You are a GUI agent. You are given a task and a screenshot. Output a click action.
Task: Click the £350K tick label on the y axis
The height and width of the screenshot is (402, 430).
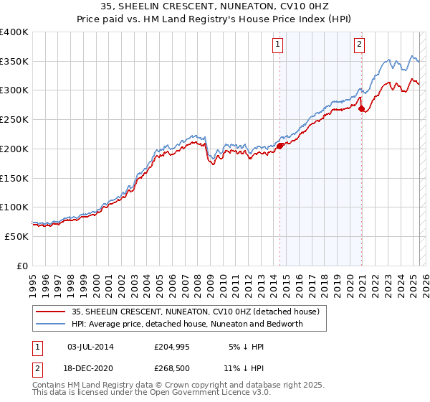(14, 61)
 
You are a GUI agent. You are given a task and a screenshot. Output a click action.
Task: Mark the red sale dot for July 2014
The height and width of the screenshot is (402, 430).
(279, 145)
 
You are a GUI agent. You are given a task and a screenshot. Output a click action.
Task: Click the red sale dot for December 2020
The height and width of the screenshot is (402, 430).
(362, 108)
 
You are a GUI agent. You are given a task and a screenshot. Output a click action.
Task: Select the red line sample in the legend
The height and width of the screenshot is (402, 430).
(50, 312)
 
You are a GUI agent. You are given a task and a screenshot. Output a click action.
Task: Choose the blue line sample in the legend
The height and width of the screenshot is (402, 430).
(50, 324)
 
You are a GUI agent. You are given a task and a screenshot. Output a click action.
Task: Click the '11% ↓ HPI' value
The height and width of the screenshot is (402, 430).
(245, 368)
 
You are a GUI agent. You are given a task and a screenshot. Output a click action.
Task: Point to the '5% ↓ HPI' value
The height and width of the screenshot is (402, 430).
(245, 347)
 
